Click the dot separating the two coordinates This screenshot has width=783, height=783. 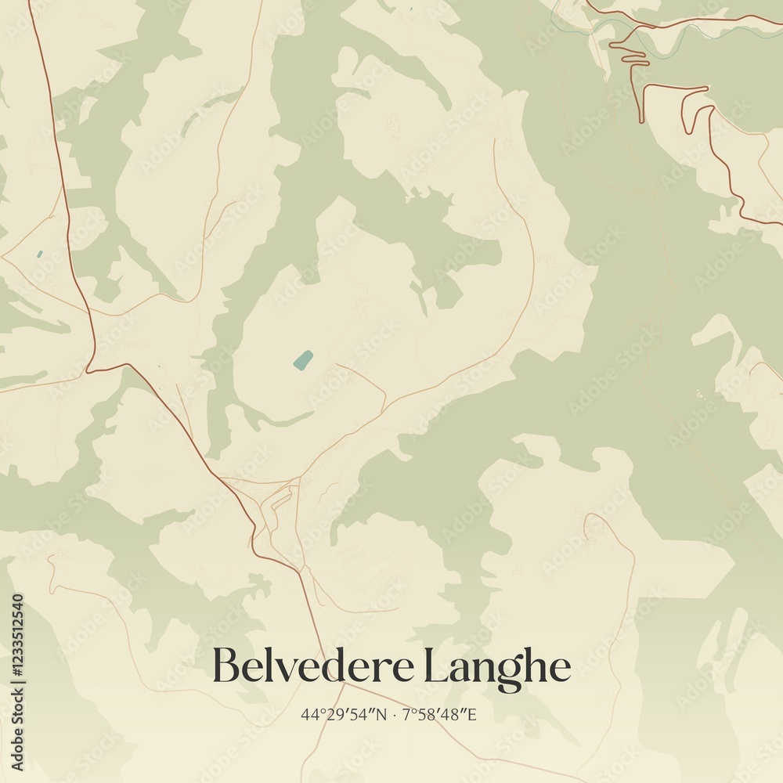pyautogui.click(x=394, y=715)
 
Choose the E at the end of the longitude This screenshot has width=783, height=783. pyautogui.click(x=472, y=715)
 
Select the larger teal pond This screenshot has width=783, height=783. pyautogui.click(x=302, y=360)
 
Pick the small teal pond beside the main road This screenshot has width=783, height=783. pyautogui.click(x=39, y=254)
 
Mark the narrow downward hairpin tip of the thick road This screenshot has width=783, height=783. pyautogui.click(x=641, y=119)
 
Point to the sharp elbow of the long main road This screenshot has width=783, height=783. pyautogui.click(x=88, y=370)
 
